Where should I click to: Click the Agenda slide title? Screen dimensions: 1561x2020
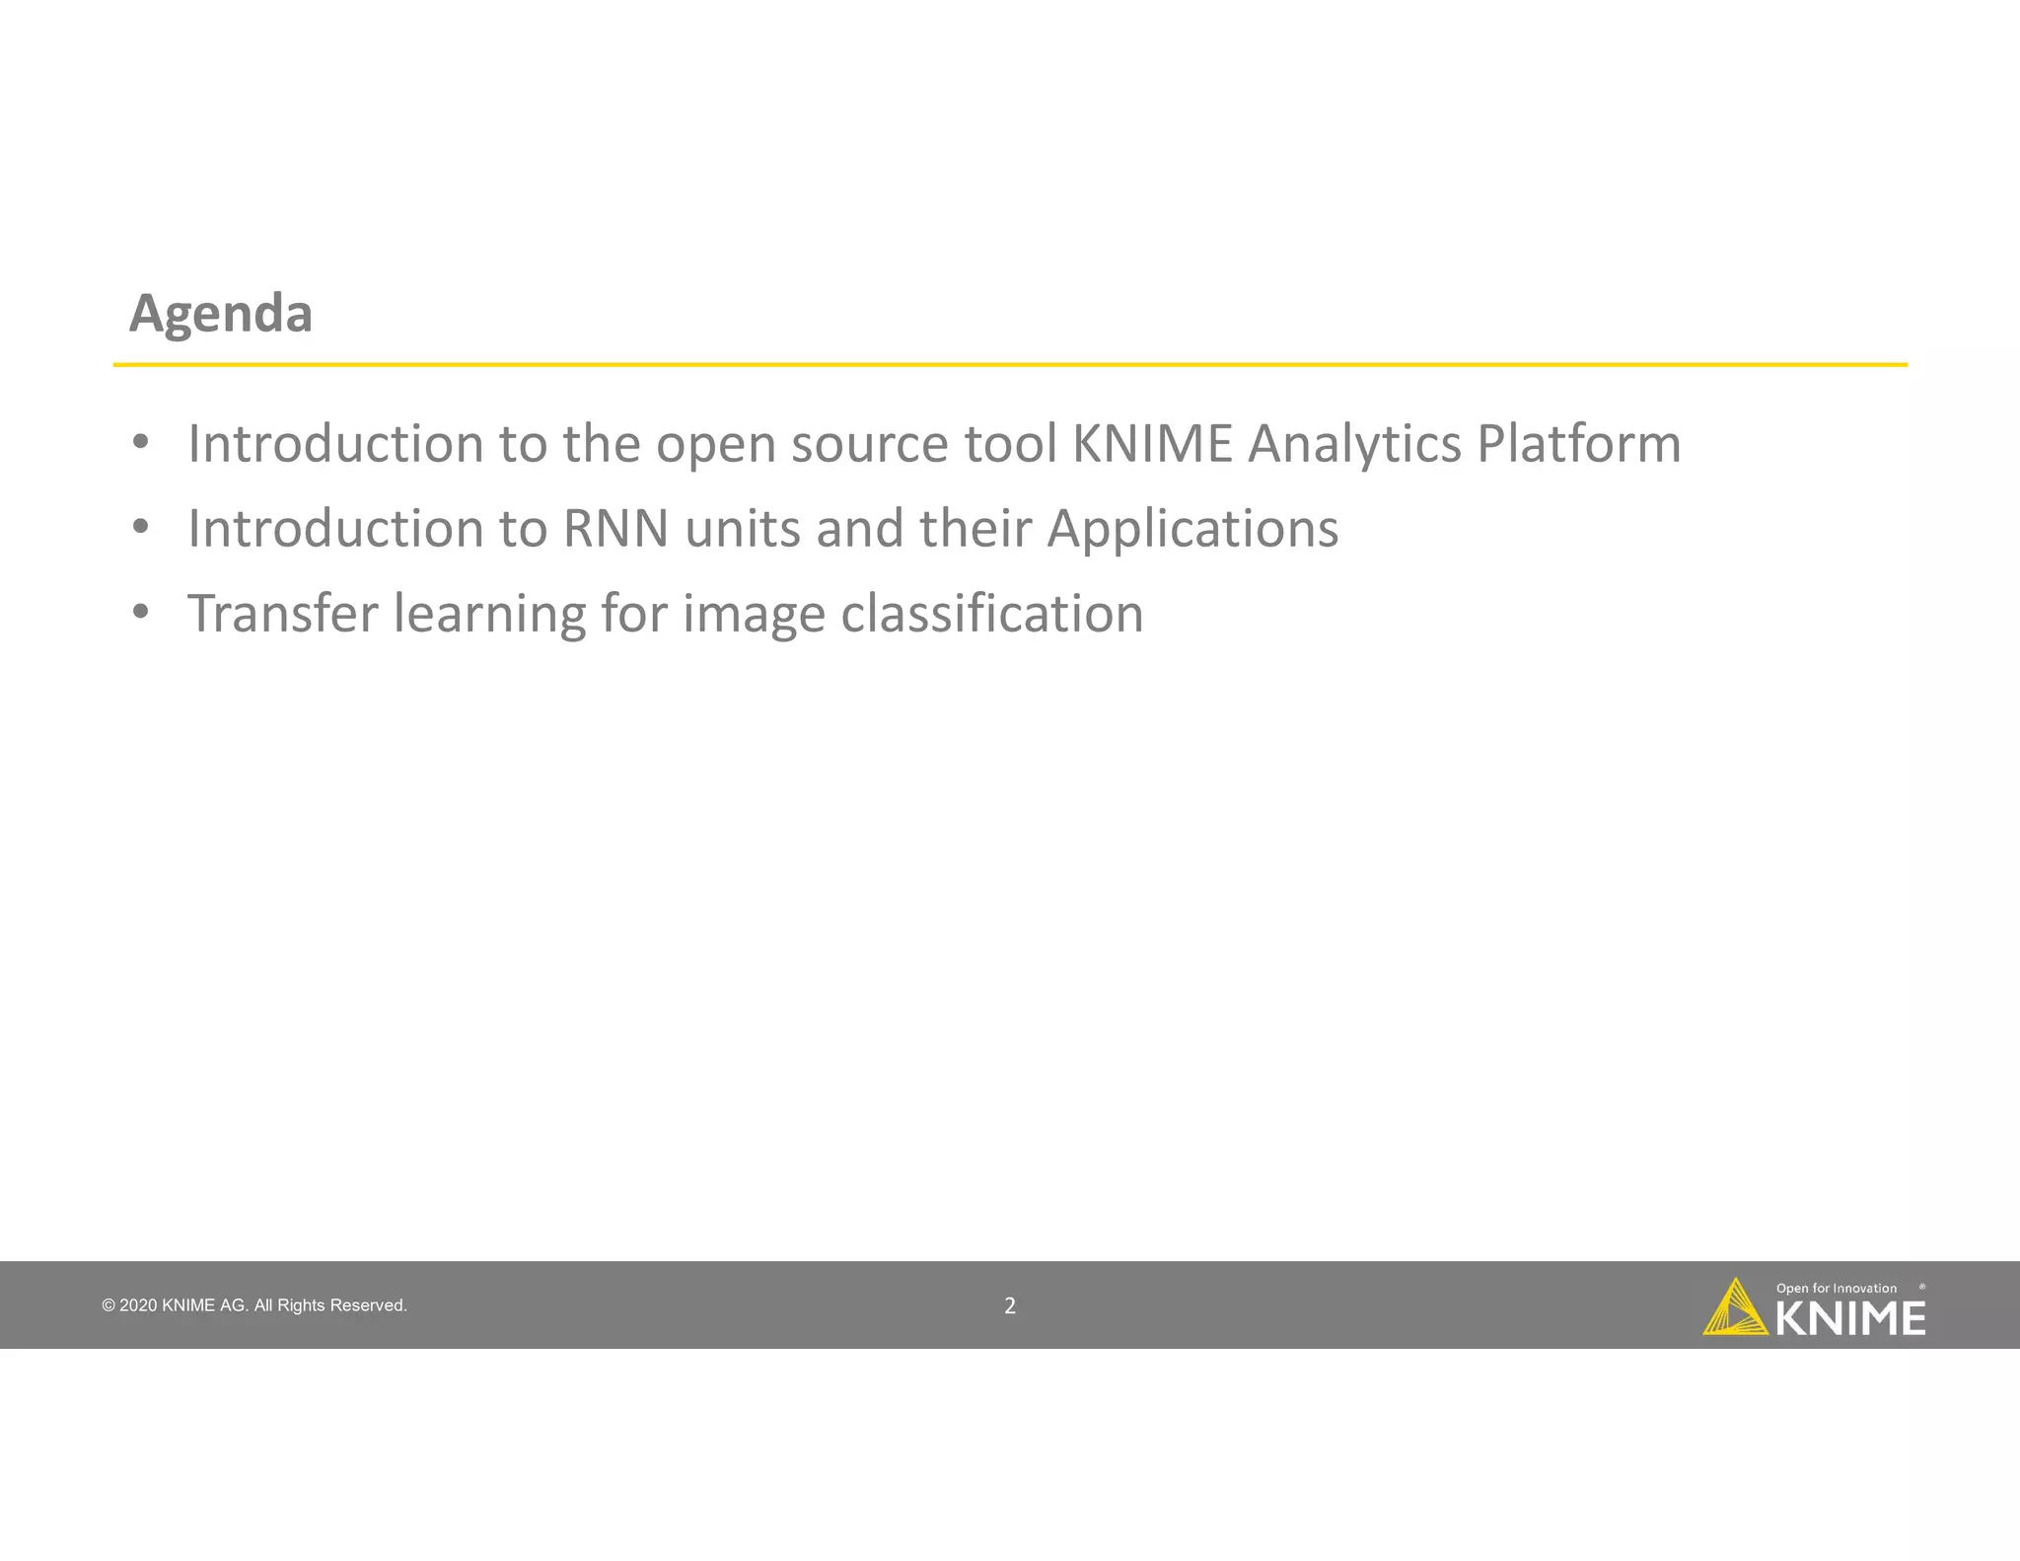point(221,314)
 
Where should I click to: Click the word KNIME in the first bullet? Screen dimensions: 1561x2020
point(1152,444)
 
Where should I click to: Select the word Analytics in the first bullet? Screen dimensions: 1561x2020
point(1353,444)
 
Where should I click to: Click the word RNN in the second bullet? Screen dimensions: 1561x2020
point(615,529)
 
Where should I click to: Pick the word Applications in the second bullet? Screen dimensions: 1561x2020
point(1192,530)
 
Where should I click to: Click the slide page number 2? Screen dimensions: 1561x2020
point(1010,1305)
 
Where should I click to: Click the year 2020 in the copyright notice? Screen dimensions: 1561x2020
point(138,1305)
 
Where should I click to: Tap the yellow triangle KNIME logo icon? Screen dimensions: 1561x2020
point(1734,1308)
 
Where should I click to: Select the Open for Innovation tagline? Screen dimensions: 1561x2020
point(1836,1289)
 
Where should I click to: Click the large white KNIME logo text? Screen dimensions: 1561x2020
point(1850,1319)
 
